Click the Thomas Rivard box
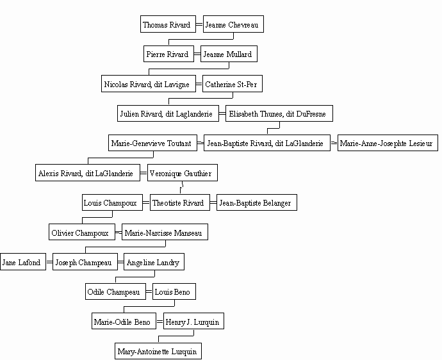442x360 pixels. tap(168, 24)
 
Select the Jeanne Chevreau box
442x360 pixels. tap(233, 24)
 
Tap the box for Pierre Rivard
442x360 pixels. tap(168, 54)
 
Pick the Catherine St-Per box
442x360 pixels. tap(233, 84)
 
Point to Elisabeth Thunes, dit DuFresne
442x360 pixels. tap(279, 113)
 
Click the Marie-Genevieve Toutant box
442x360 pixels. tap(152, 143)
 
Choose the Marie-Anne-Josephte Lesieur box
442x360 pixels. tap(388, 143)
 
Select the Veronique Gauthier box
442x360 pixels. tap(183, 173)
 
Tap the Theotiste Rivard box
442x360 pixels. tap(180, 202)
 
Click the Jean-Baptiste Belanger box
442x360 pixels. tap(256, 202)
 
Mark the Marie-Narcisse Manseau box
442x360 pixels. tap(165, 232)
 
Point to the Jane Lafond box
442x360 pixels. tap(23, 262)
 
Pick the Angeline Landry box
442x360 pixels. tap(154, 262)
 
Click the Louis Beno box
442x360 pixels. tap(174, 291)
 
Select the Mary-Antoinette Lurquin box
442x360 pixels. tap(158, 351)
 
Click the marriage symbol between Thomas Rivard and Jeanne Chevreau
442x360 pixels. tap(199, 24)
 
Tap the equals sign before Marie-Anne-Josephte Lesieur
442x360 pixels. tap(334, 143)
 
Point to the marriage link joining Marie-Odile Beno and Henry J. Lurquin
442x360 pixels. tap(160, 322)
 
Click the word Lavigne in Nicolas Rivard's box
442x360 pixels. tap(177, 85)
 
